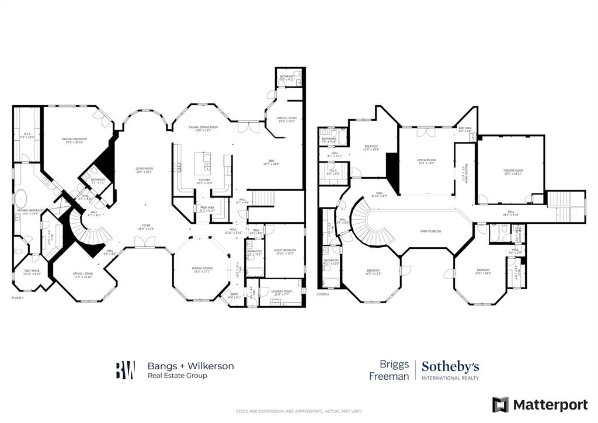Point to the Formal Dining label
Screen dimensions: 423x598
[x=202, y=268]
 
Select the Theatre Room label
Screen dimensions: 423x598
[x=513, y=171]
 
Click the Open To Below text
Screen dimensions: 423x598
[x=430, y=231]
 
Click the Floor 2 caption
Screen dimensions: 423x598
[x=323, y=294]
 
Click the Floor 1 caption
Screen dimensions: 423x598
[x=18, y=297]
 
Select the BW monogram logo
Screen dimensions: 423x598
[x=125, y=370]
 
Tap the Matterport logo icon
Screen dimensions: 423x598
[x=500, y=404]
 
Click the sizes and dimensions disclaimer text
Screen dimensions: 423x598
[x=298, y=411]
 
